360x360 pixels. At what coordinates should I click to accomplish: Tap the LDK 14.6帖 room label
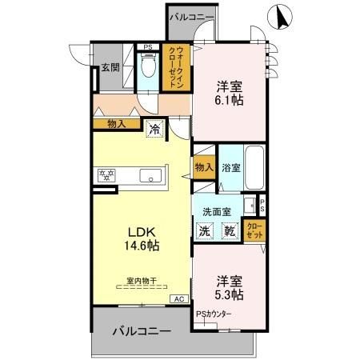pyautogui.click(x=142, y=239)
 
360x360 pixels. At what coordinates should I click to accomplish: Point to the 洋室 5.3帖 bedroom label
pyautogui.click(x=229, y=287)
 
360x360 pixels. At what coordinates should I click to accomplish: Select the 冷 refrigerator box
pyautogui.click(x=154, y=129)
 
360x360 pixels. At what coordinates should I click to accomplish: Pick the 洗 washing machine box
pyautogui.click(x=205, y=230)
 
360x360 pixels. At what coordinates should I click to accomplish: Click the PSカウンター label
pyautogui.click(x=214, y=314)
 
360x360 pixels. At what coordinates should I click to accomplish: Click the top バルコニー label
pyautogui.click(x=190, y=16)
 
